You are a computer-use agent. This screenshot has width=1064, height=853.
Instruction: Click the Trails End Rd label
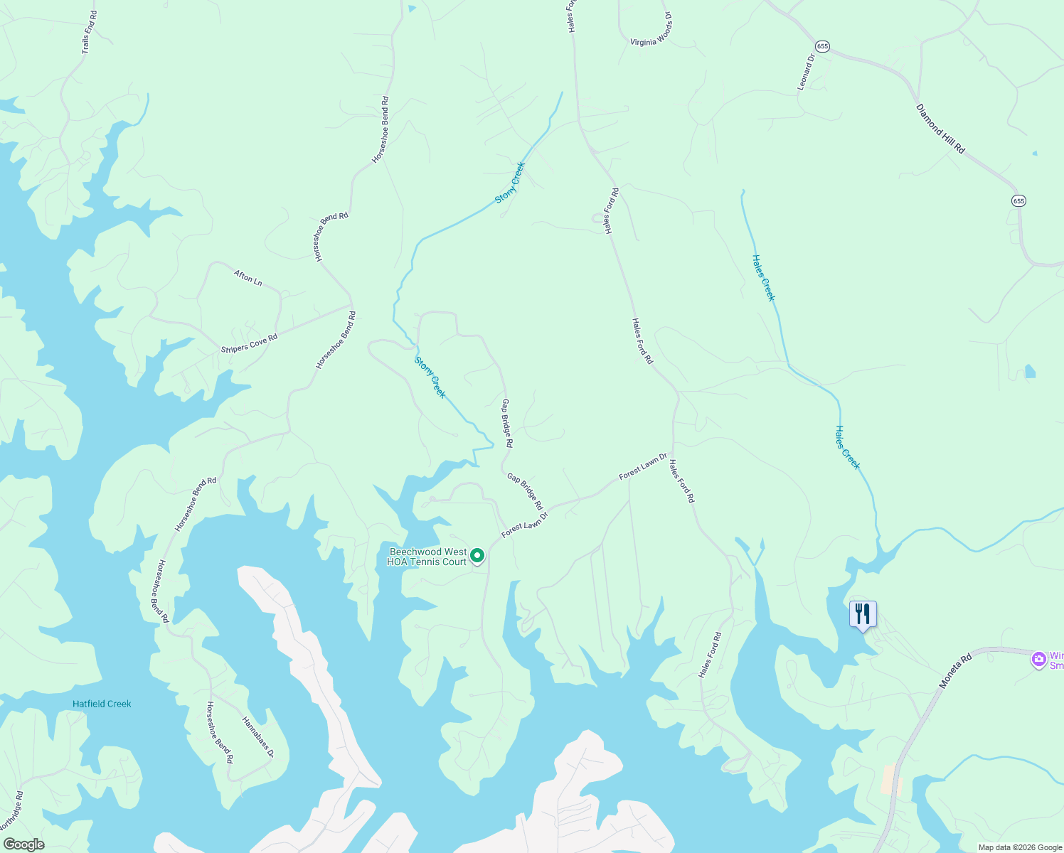[89, 32]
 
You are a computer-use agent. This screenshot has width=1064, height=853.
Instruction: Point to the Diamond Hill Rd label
[940, 129]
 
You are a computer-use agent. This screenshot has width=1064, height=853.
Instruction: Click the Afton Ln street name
[248, 278]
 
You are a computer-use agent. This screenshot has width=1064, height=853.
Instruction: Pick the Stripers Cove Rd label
[249, 343]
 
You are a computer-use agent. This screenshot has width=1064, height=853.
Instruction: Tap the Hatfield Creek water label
[102, 704]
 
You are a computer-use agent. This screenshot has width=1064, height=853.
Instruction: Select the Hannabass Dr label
[257, 737]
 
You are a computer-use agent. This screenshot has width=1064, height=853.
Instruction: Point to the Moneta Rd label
[955, 672]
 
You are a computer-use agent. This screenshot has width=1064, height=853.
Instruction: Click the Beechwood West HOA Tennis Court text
[427, 557]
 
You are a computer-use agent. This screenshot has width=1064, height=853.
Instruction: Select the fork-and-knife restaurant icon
[863, 614]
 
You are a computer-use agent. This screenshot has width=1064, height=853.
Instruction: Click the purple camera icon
[1038, 660]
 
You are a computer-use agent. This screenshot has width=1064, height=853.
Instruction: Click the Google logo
[23, 844]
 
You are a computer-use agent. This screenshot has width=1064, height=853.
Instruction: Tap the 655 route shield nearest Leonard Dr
[823, 46]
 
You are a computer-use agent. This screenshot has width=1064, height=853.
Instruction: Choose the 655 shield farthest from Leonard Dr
[1019, 201]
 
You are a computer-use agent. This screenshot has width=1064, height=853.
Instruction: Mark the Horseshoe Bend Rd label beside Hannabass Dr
[220, 733]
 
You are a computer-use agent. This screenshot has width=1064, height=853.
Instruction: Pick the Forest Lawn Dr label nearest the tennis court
[525, 525]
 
